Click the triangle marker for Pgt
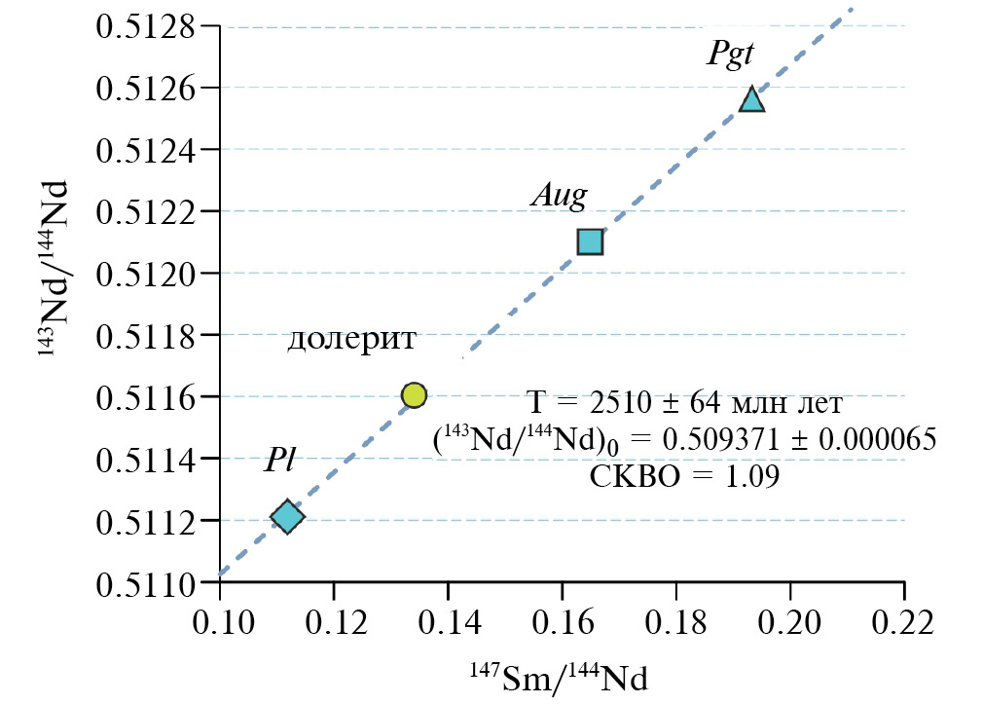pyautogui.click(x=752, y=99)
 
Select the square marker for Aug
pyautogui.click(x=591, y=241)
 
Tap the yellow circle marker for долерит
pyautogui.click(x=414, y=394)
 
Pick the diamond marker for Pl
pyautogui.click(x=286, y=517)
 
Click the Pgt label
pyautogui.click(x=730, y=54)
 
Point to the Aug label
pyautogui.click(x=559, y=195)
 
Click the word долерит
pyautogui.click(x=352, y=340)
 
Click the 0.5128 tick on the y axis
pyautogui.click(x=143, y=26)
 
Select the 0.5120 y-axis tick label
pyautogui.click(x=143, y=273)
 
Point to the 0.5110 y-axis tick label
pyautogui.click(x=143, y=581)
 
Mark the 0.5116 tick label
pyautogui.click(x=143, y=396)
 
